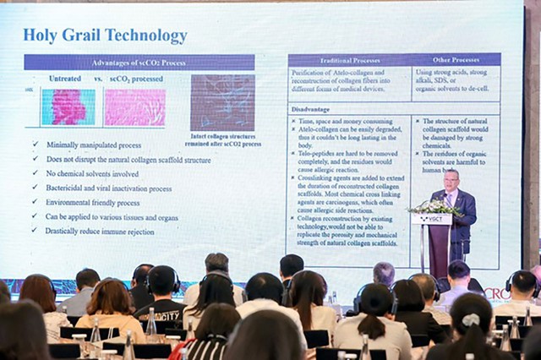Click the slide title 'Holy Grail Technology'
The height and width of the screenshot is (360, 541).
tap(105, 35)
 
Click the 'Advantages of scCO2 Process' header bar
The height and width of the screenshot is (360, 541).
tap(139, 63)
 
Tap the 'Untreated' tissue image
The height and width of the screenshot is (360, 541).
tap(68, 107)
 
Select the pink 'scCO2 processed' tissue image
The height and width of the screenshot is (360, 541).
tap(134, 107)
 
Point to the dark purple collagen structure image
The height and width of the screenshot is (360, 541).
tap(222, 102)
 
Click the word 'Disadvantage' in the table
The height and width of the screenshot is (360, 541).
tap(311, 110)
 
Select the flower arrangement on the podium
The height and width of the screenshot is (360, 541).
tap(433, 205)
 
